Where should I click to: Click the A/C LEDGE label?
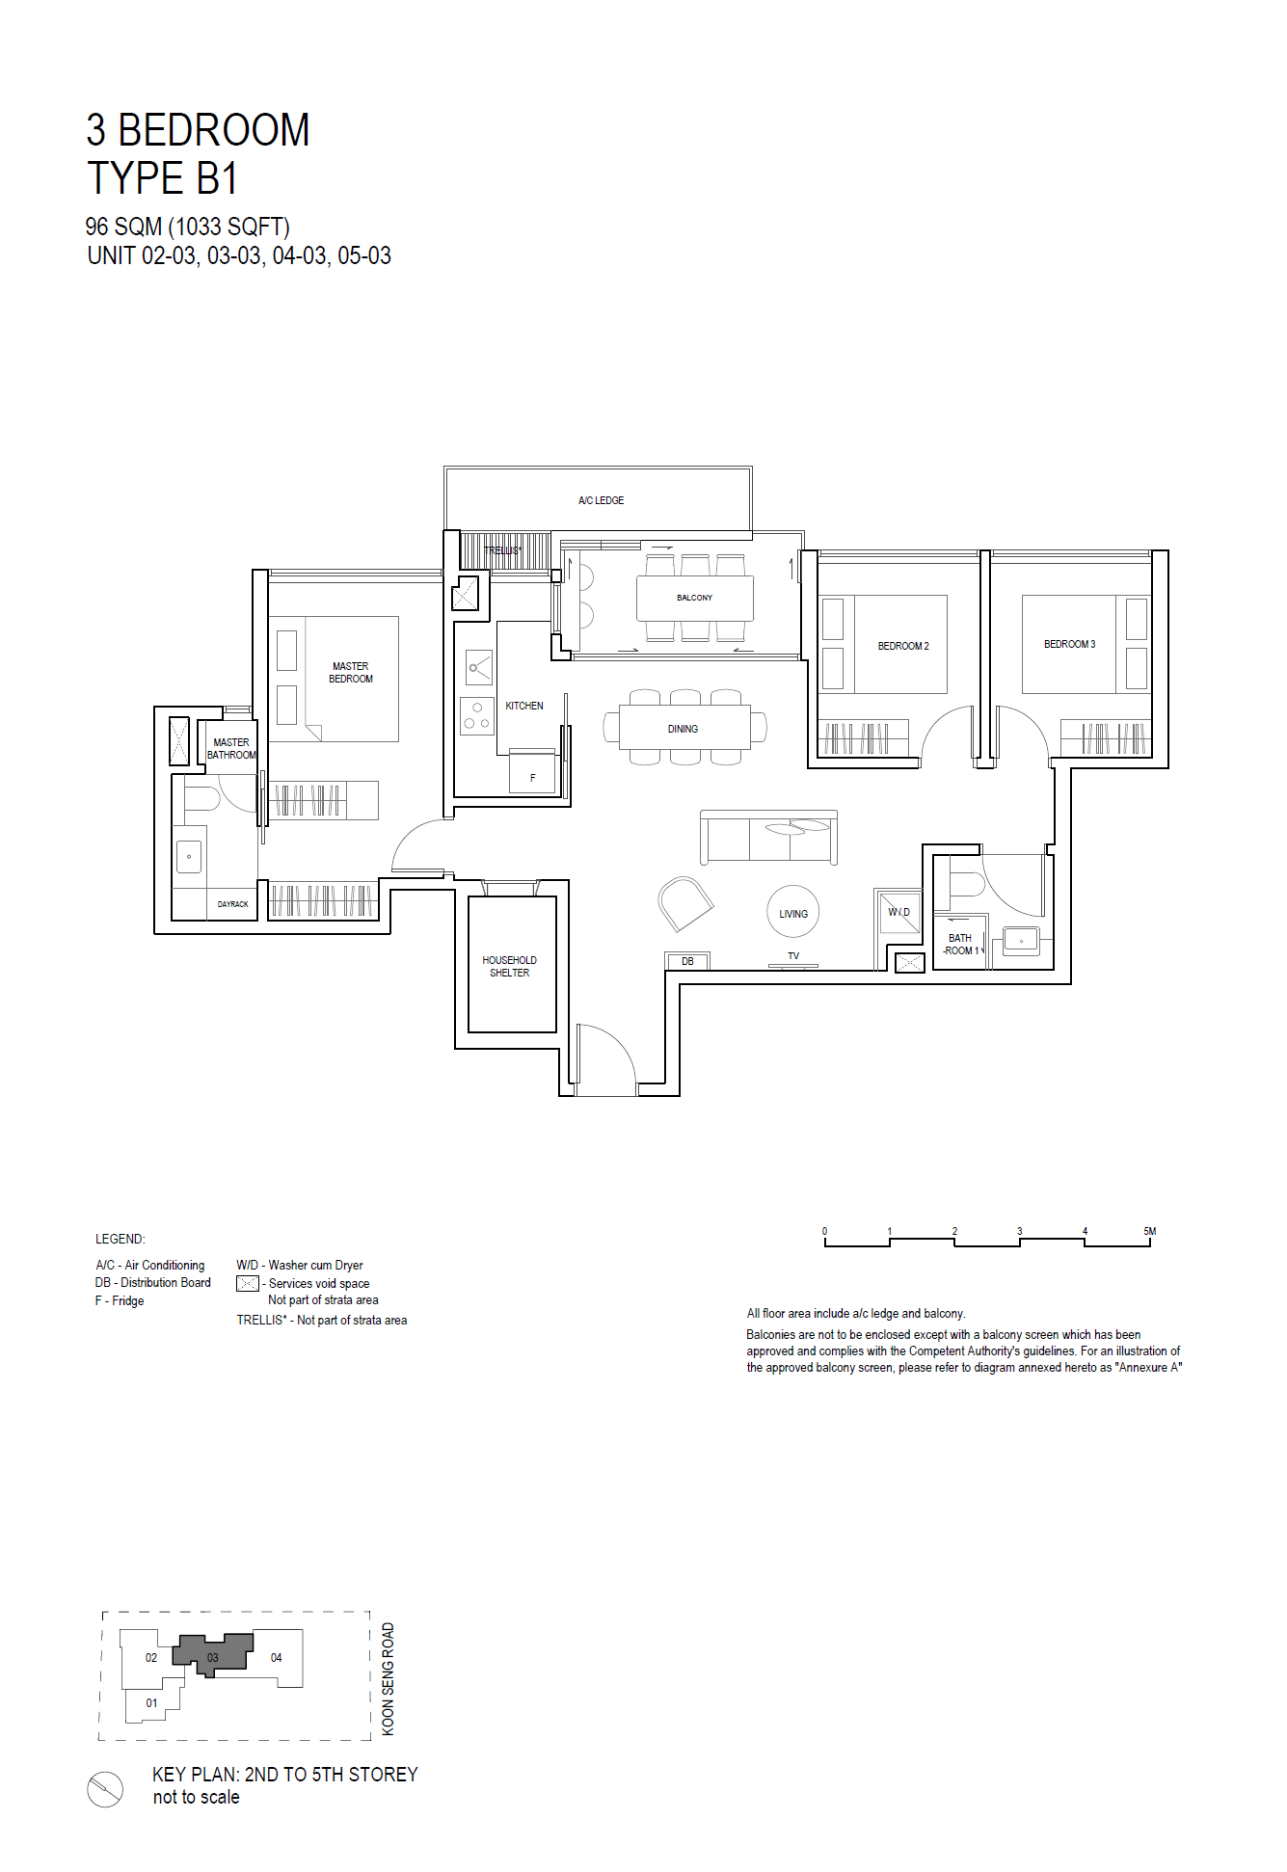(x=601, y=500)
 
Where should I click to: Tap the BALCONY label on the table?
(x=694, y=598)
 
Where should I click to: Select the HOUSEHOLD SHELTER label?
(x=510, y=967)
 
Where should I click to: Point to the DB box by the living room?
(x=687, y=961)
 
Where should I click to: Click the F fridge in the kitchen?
(x=532, y=771)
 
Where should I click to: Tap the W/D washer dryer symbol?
(x=898, y=912)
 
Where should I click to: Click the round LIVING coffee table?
(x=793, y=912)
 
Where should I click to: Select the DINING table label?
(x=683, y=729)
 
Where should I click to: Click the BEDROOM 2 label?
(x=903, y=646)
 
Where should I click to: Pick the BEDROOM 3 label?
(x=1070, y=644)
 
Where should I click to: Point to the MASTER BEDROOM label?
(x=351, y=673)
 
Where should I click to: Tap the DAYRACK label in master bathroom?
(x=232, y=904)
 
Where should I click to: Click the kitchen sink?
(x=479, y=667)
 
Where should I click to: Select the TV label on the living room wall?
(x=793, y=956)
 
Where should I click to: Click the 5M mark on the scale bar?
(x=1149, y=1231)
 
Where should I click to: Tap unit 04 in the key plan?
(x=277, y=1658)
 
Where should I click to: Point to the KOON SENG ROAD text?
(x=388, y=1679)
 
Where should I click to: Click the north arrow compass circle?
(x=105, y=1789)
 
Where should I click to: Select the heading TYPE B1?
(x=162, y=178)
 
